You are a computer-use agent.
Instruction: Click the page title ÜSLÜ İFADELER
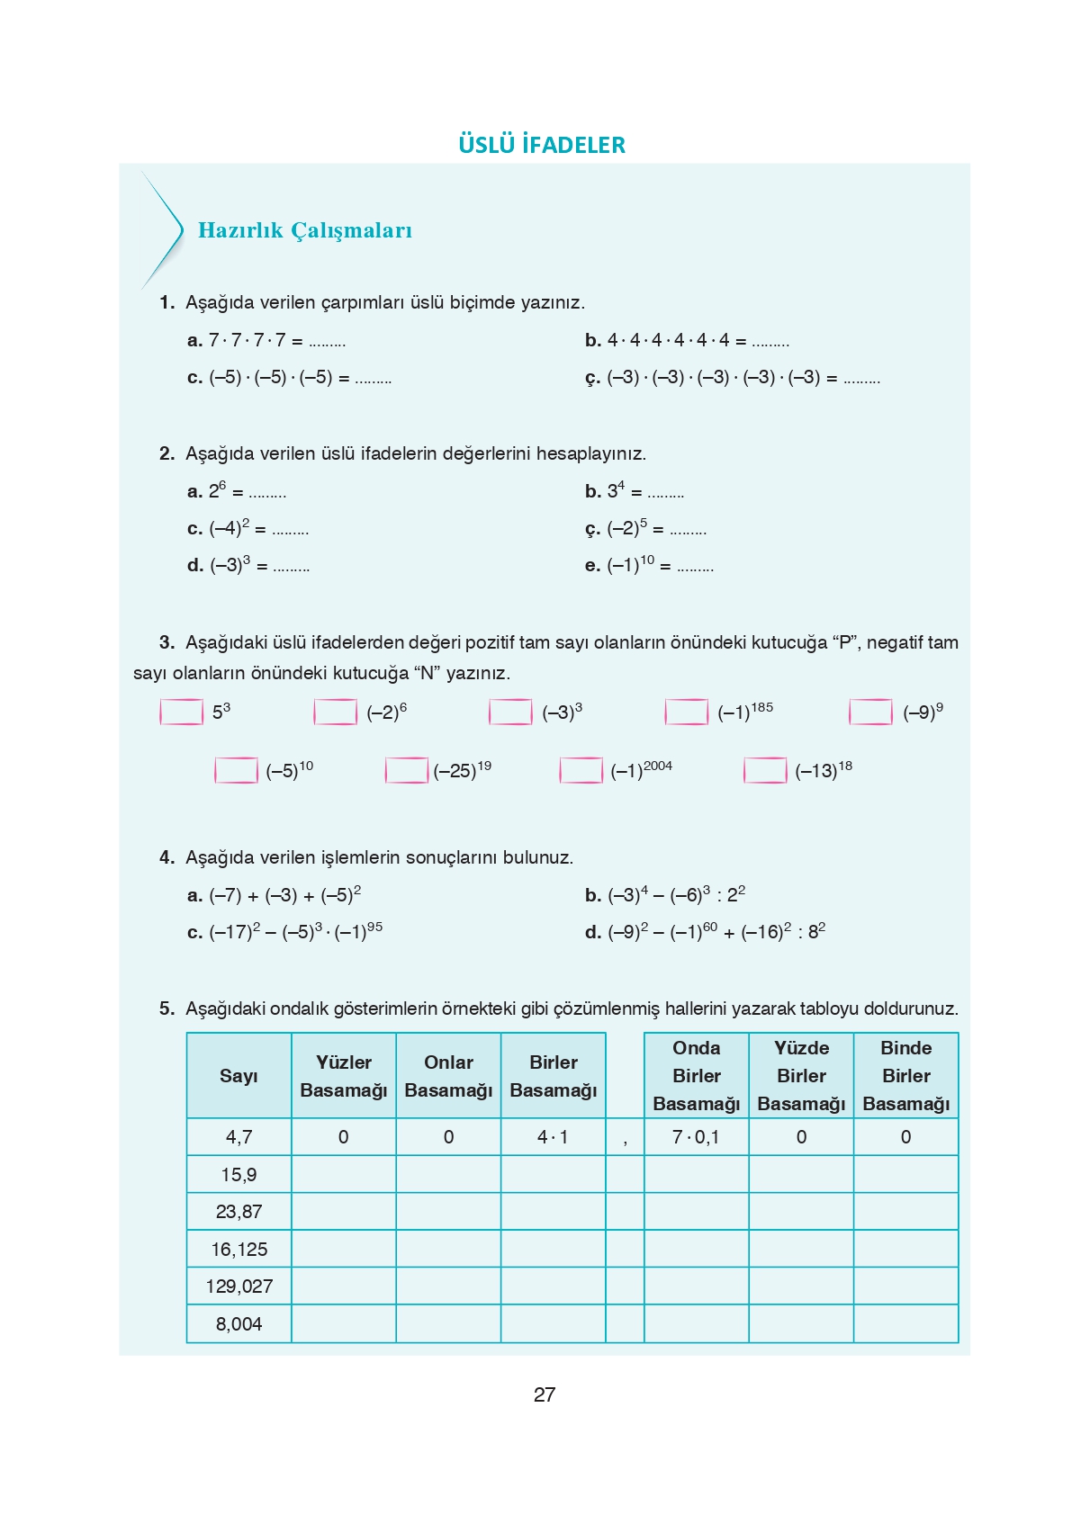point(542,145)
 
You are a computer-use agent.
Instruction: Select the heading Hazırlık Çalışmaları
point(304,230)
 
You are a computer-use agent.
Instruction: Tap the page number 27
point(545,1394)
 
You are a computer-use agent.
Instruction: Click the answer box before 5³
point(181,712)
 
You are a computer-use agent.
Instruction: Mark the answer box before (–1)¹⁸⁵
point(686,712)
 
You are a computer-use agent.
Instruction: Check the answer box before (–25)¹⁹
point(406,770)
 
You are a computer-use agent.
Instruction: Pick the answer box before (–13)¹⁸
point(765,770)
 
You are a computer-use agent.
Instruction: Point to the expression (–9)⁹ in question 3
point(923,712)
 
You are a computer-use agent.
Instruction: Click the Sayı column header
point(239,1076)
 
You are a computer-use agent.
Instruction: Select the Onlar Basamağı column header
point(448,1076)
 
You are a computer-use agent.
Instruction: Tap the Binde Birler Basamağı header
point(905,1076)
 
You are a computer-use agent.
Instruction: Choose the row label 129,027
point(239,1286)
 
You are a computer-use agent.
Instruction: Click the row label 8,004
point(239,1324)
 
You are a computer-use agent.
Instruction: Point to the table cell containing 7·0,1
point(696,1137)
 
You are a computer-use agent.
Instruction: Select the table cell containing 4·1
point(553,1137)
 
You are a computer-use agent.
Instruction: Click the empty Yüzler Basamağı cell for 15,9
point(344,1175)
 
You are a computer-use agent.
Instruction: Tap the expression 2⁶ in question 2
point(218,491)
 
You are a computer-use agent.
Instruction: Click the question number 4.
point(167,857)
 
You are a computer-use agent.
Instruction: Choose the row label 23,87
point(239,1212)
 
